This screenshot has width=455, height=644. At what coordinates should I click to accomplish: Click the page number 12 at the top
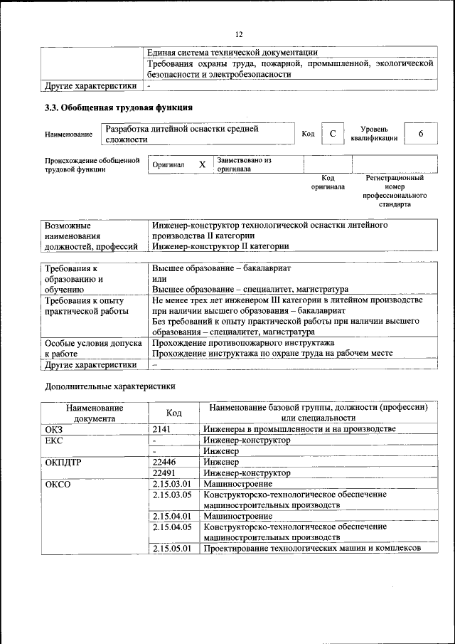(239, 33)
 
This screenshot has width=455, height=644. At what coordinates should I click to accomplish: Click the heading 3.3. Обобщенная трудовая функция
(118, 108)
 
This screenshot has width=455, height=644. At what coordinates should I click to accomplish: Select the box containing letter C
(332, 134)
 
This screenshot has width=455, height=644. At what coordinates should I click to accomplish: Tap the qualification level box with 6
(421, 134)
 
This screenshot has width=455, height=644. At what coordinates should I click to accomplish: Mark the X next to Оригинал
(202, 164)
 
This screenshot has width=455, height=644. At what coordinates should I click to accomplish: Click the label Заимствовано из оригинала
(245, 164)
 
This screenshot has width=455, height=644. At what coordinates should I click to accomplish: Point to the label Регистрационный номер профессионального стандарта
(395, 191)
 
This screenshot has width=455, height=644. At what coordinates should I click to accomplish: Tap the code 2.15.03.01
(172, 483)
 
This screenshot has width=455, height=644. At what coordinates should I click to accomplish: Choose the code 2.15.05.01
(172, 548)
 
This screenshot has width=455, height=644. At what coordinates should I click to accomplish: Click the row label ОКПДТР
(63, 461)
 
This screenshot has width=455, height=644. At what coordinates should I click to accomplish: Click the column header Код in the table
(173, 413)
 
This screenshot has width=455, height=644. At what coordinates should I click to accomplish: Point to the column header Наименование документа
(95, 413)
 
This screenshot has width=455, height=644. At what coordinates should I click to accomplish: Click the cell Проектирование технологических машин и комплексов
(312, 548)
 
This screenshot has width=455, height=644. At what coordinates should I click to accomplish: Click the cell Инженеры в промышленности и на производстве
(299, 429)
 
